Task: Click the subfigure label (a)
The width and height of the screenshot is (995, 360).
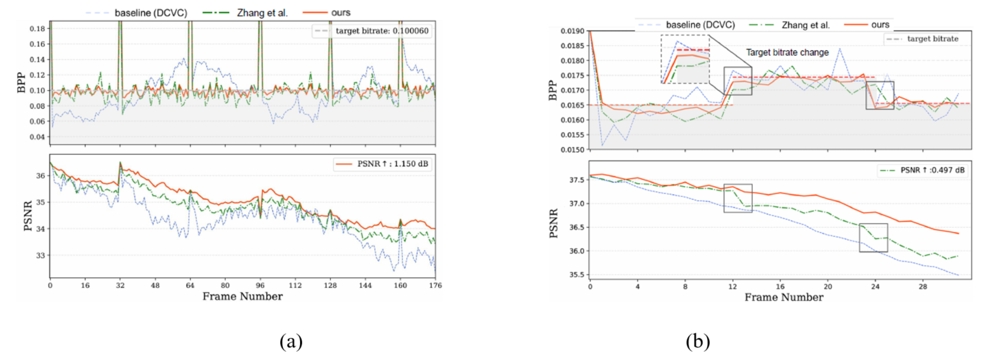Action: (x=291, y=342)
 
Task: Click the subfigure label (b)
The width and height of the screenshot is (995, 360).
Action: (x=698, y=342)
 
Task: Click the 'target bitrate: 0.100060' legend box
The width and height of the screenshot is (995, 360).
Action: (x=373, y=31)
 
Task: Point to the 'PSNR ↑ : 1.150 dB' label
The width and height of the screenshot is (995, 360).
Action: (x=383, y=164)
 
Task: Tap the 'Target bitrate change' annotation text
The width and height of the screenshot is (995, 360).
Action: (x=787, y=53)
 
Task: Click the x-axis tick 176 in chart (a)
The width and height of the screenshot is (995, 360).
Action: (x=435, y=285)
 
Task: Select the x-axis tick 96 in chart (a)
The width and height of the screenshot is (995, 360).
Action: (x=260, y=285)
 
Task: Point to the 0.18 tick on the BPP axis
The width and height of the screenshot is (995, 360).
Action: (x=37, y=28)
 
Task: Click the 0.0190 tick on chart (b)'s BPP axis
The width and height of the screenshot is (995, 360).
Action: (x=572, y=31)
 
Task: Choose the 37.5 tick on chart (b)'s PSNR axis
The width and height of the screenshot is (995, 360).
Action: (x=576, y=180)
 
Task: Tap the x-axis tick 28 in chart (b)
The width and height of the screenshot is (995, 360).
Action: (x=923, y=287)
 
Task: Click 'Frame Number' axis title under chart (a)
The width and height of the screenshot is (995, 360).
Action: (x=242, y=297)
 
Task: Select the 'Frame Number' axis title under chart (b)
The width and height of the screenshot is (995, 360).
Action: (x=784, y=297)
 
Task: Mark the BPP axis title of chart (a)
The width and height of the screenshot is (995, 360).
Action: (x=21, y=83)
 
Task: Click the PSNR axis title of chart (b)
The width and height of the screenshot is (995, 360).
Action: (x=554, y=223)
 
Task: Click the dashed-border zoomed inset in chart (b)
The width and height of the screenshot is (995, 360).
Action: (x=685, y=59)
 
